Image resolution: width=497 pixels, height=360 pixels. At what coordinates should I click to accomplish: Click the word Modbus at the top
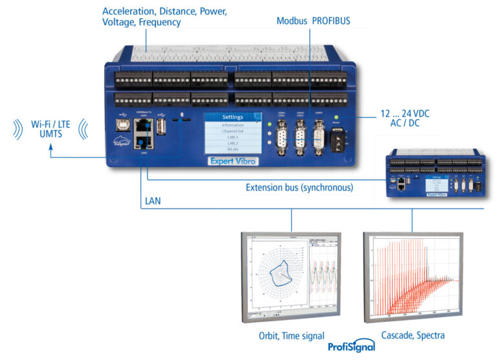click(x=292, y=21)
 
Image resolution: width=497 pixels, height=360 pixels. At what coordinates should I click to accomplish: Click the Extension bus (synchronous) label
click(x=299, y=188)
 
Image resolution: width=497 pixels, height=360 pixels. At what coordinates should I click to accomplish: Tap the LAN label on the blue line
click(x=153, y=201)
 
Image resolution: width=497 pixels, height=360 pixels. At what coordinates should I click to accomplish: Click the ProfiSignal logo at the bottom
click(x=351, y=346)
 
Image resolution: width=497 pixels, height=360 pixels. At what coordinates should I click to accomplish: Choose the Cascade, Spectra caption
click(x=413, y=335)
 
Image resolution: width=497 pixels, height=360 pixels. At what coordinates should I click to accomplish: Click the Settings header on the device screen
click(x=232, y=117)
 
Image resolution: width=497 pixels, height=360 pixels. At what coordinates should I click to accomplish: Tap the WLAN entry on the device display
click(x=232, y=150)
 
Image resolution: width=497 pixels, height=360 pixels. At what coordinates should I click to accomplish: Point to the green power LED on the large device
click(x=337, y=117)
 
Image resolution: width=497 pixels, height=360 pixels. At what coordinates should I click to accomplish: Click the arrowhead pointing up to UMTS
click(x=51, y=149)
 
